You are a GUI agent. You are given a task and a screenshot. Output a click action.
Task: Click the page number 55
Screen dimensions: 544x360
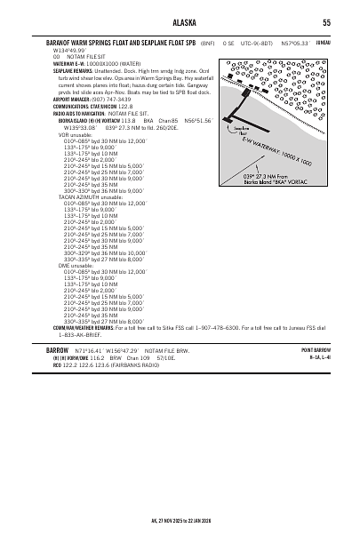point(326,23)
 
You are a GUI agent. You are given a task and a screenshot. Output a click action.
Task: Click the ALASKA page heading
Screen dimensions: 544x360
point(180,23)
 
